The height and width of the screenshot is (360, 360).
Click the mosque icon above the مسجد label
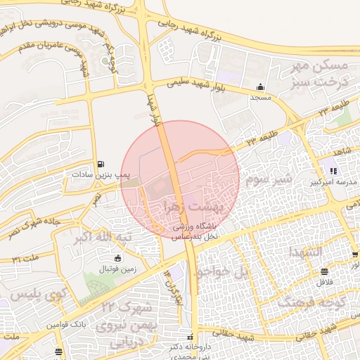tap(261, 87)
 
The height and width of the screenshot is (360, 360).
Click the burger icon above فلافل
tap(323, 271)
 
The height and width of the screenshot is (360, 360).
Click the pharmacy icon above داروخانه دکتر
tap(190, 335)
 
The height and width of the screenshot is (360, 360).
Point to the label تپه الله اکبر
tap(103, 239)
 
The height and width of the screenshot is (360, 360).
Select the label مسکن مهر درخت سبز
tap(320, 72)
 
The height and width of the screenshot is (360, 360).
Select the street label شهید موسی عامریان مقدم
tap(43, 50)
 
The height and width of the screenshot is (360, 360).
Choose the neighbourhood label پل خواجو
tap(221, 271)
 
